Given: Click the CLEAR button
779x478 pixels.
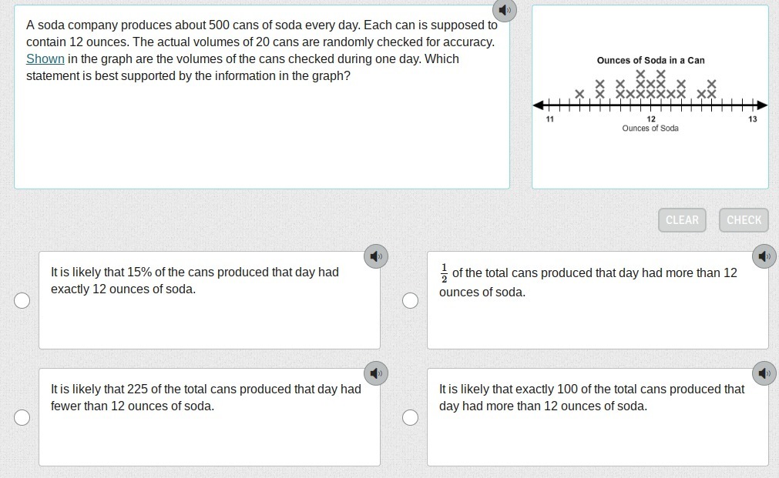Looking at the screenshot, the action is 682,220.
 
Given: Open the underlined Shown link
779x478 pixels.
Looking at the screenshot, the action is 45,59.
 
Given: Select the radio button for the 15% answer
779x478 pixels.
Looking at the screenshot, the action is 22,300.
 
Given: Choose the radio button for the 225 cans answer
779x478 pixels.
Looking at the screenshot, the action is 22,417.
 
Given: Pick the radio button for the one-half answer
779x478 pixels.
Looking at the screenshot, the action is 410,300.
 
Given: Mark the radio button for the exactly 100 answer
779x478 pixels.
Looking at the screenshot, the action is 410,417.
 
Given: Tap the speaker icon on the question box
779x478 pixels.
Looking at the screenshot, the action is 505,10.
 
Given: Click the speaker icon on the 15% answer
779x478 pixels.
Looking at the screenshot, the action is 376,256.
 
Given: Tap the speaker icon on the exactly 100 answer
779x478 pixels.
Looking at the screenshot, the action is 764,373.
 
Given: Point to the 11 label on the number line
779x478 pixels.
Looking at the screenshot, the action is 550,119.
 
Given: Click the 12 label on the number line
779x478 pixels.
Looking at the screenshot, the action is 651,119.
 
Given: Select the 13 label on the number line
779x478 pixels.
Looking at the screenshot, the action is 753,119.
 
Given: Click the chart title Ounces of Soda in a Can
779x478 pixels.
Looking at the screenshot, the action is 651,61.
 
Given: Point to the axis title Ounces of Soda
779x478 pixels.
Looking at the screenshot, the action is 650,128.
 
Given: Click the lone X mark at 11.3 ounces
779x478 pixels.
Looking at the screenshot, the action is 579,94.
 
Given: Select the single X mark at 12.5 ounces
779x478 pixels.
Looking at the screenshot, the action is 701,94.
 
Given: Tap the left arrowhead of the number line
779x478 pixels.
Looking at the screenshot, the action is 538,105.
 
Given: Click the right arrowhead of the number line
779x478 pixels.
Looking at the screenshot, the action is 763,105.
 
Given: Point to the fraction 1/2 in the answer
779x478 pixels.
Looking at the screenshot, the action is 444,273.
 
